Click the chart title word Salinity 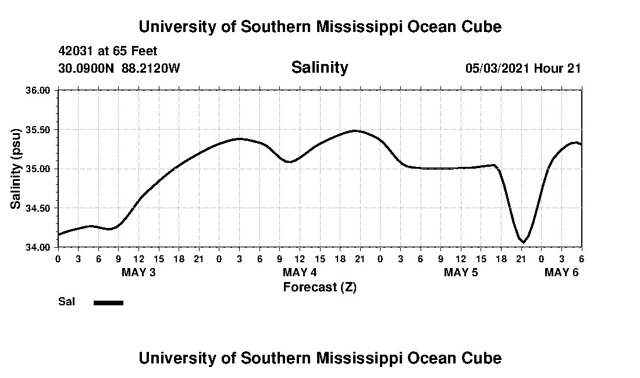[x=319, y=67]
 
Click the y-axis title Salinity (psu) [x=16, y=169]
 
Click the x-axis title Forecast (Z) [x=319, y=287]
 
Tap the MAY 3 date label [x=138, y=273]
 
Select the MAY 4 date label [x=300, y=273]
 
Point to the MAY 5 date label [x=461, y=273]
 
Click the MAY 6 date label [x=561, y=273]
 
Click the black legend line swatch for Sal [x=108, y=302]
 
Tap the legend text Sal [x=65, y=302]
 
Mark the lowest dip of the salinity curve [x=524, y=242]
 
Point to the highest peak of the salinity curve [x=355, y=131]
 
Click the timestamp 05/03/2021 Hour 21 [x=523, y=68]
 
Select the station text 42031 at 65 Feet [x=108, y=51]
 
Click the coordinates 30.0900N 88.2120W [x=119, y=68]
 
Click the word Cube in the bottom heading [x=485, y=358]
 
